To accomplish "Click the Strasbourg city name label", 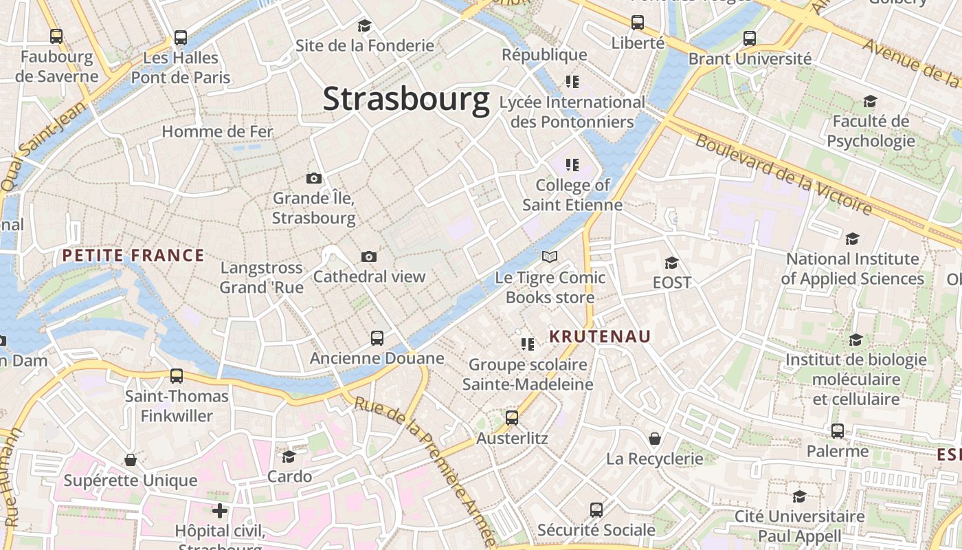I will tap(406, 98).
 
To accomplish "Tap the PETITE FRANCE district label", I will tap(133, 256).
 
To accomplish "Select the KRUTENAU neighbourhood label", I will tap(600, 337).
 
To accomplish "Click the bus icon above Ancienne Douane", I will tap(377, 338).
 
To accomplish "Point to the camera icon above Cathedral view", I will tap(369, 257).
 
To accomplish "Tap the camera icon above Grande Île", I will tap(313, 179).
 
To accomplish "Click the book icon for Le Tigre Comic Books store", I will tap(549, 257).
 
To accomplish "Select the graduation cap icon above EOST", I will tap(671, 263).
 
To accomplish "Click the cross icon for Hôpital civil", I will tap(220, 511).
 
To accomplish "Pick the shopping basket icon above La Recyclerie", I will tap(655, 439).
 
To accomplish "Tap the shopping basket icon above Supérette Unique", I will tap(131, 460).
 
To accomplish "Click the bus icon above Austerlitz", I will tap(512, 417).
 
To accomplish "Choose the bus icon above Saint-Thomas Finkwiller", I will tap(177, 375).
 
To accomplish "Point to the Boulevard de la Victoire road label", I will tap(783, 173).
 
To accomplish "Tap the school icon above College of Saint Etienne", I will tap(572, 165).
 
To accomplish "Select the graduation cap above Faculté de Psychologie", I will tap(870, 102).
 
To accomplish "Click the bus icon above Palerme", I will tap(838, 431).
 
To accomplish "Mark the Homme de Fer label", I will tap(217, 131).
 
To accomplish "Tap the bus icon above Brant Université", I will tap(750, 38).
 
